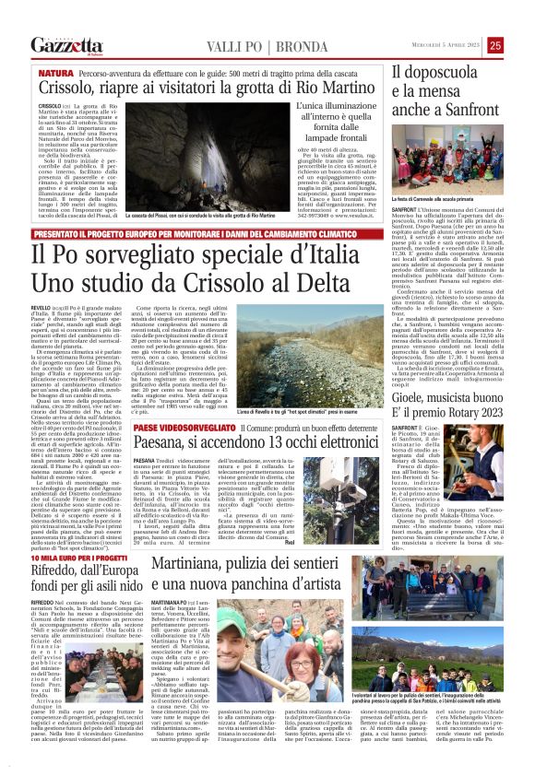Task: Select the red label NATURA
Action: point(56,72)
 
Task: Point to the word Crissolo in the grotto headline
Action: point(73,88)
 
